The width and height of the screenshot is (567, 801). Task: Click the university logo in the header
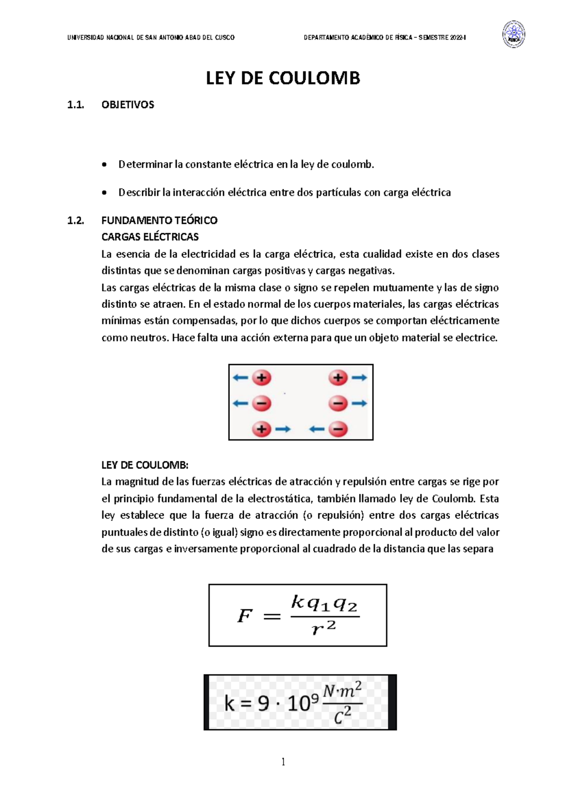pos(513,34)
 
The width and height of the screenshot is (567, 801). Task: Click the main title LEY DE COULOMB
pos(283,78)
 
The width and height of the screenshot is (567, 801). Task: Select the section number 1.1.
pos(75,105)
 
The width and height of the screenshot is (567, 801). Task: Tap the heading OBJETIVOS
pos(128,105)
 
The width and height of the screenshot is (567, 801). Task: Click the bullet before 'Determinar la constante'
pos(104,165)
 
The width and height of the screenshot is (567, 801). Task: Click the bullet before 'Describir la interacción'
pos(104,193)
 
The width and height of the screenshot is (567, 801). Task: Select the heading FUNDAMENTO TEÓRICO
pos(159,220)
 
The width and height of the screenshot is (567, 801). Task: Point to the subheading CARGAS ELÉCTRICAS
pos(150,237)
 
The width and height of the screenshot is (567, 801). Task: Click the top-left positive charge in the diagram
pos(261,378)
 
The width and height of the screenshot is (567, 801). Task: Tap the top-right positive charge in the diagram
pos(338,378)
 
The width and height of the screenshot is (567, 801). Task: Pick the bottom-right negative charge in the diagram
pos(338,429)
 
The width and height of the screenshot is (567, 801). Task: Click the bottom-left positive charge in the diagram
pos(261,429)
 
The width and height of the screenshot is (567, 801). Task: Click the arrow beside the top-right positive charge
pos(359,378)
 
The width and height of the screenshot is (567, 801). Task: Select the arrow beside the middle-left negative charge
pos(240,403)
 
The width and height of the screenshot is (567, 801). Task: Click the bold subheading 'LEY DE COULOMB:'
pos(145,465)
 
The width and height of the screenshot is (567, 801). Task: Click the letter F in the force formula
pos(244,616)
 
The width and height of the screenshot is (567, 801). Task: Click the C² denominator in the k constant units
pos(343,717)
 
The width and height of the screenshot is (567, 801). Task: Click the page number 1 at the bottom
pos(283,761)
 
